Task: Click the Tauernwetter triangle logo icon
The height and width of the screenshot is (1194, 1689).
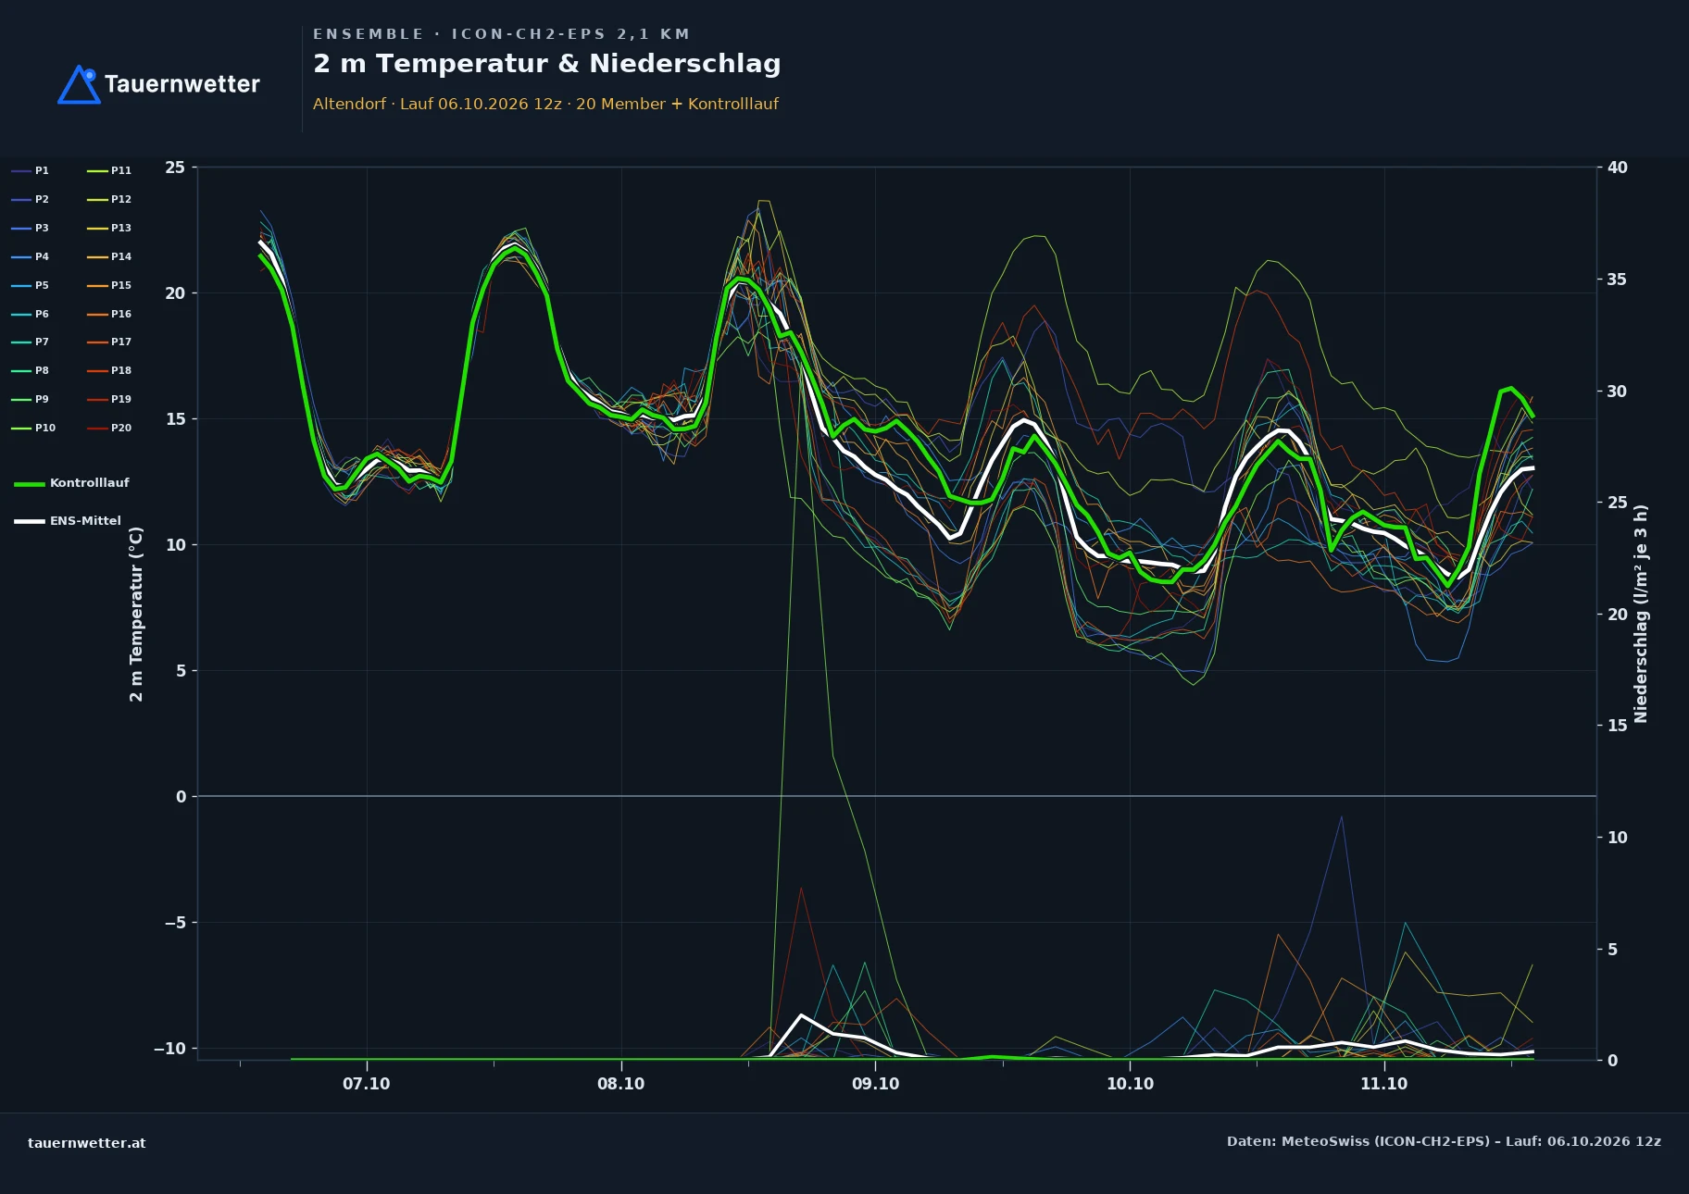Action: (79, 84)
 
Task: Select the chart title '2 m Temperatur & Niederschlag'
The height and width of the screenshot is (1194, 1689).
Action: (546, 64)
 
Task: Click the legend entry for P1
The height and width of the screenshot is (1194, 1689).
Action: (31, 170)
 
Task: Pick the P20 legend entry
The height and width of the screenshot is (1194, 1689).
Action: (109, 428)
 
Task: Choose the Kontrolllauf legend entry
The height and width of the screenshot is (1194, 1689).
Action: (71, 483)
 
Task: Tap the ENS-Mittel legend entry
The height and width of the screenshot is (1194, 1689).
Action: (68, 521)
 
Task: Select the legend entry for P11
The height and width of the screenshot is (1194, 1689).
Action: (109, 170)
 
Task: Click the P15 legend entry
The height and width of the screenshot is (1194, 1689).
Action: (109, 285)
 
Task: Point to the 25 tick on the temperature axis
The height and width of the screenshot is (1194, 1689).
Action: (175, 168)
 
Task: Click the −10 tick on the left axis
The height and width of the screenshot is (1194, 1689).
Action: (169, 1048)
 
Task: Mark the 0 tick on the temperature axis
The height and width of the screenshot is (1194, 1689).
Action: (181, 797)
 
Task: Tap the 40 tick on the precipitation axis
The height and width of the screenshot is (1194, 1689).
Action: (1617, 168)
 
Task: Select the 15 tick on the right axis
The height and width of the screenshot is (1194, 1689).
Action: (1617, 726)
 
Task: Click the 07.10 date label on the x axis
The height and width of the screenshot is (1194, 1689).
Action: (367, 1084)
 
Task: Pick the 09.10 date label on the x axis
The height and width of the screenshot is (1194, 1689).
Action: (875, 1084)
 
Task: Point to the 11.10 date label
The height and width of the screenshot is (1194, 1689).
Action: (1383, 1084)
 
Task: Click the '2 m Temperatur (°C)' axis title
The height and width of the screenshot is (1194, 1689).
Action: (137, 614)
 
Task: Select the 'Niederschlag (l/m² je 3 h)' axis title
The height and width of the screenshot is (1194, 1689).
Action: (1641, 614)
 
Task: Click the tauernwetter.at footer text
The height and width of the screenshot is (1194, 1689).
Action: (87, 1143)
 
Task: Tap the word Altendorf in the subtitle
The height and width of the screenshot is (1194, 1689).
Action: (349, 104)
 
